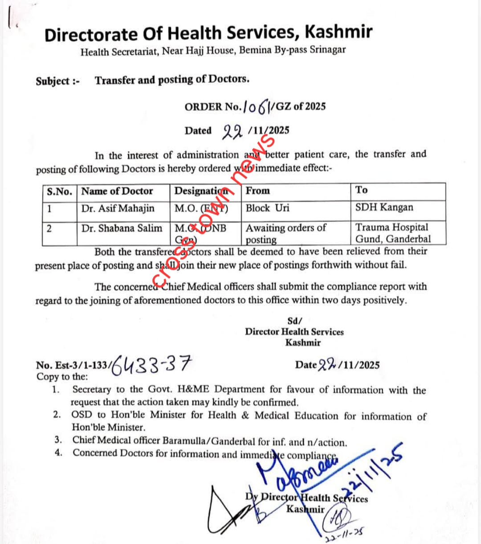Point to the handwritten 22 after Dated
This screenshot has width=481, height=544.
click(x=232, y=130)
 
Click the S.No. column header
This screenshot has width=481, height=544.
click(x=59, y=192)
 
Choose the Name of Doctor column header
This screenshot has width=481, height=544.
click(x=117, y=191)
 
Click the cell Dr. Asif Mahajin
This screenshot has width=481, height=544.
click(x=118, y=208)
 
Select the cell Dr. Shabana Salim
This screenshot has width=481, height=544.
click(x=122, y=228)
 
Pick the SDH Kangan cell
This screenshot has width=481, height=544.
click(x=384, y=207)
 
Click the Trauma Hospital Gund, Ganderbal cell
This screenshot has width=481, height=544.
click(x=393, y=233)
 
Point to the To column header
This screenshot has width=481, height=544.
click(x=361, y=190)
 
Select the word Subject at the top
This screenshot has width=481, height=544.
click(x=53, y=81)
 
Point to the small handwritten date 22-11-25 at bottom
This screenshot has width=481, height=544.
click(x=342, y=537)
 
